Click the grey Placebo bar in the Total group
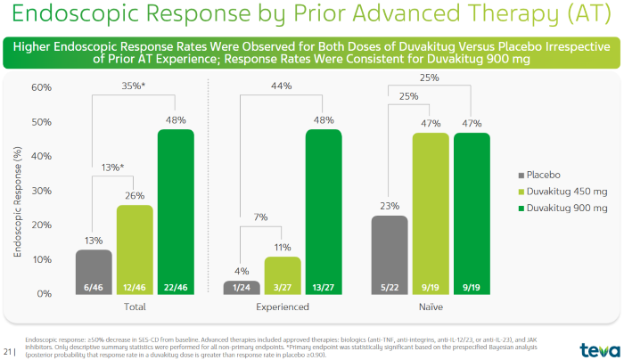coord(93,271)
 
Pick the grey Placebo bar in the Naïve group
coord(390,255)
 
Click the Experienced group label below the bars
coord(283,307)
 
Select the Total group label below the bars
coord(134,307)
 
